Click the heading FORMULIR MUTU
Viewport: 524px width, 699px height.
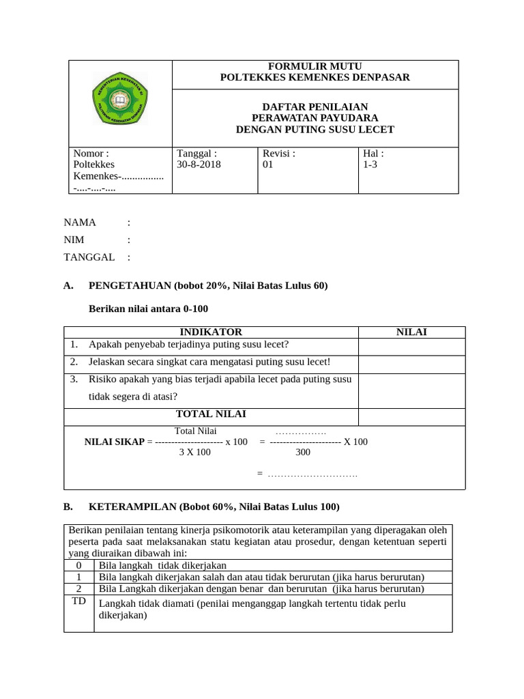315,66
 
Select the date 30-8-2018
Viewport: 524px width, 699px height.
199,165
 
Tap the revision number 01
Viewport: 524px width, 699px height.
267,165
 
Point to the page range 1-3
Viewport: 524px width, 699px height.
370,165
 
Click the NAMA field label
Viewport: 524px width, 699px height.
80,223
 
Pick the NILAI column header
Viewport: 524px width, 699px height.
411,332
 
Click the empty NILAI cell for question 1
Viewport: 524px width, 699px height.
411,347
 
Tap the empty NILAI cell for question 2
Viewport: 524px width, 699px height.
411,364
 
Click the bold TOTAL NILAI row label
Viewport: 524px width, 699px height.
211,414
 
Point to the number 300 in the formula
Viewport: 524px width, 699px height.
302,453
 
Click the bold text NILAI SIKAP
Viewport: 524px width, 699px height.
114,442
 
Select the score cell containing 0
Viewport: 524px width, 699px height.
78,565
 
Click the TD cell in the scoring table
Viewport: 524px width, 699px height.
78,601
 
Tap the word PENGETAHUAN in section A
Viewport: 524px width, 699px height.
130,286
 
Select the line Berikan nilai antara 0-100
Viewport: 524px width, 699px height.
148,309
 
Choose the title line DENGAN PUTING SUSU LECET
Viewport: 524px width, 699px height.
315,130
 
